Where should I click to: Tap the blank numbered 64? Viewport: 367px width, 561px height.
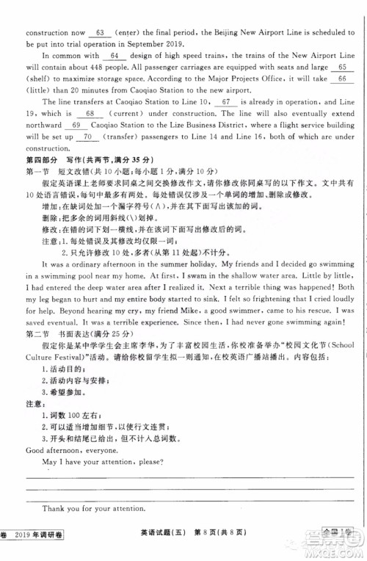coord(113,56)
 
